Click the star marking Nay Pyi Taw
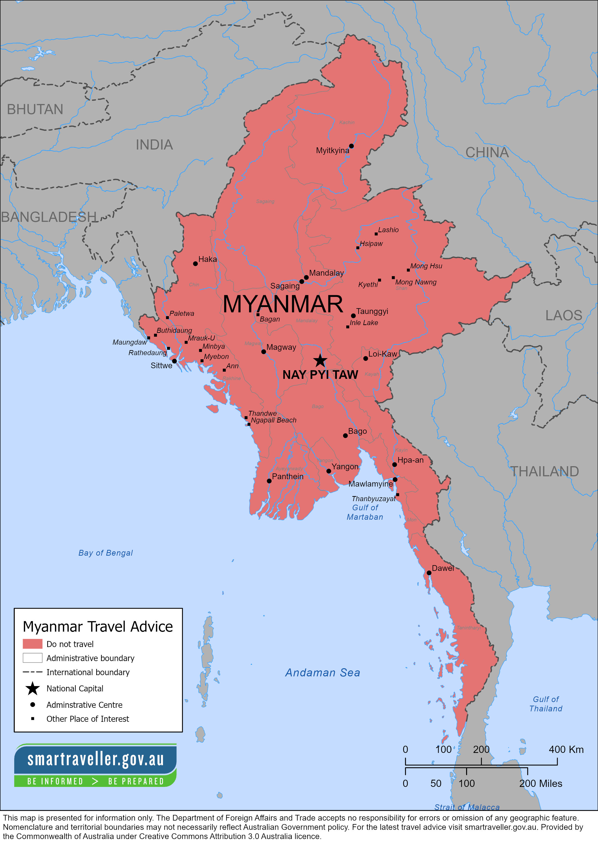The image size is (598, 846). (320, 361)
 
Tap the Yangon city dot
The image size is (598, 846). (329, 471)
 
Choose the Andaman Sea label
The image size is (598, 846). (322, 673)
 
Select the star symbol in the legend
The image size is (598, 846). (32, 688)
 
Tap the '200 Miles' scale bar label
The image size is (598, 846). (541, 783)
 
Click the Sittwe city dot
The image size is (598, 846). (174, 361)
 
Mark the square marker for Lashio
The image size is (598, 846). (376, 234)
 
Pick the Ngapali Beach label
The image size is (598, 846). (273, 420)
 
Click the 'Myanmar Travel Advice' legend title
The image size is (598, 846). (98, 626)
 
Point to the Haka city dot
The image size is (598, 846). (195, 264)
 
